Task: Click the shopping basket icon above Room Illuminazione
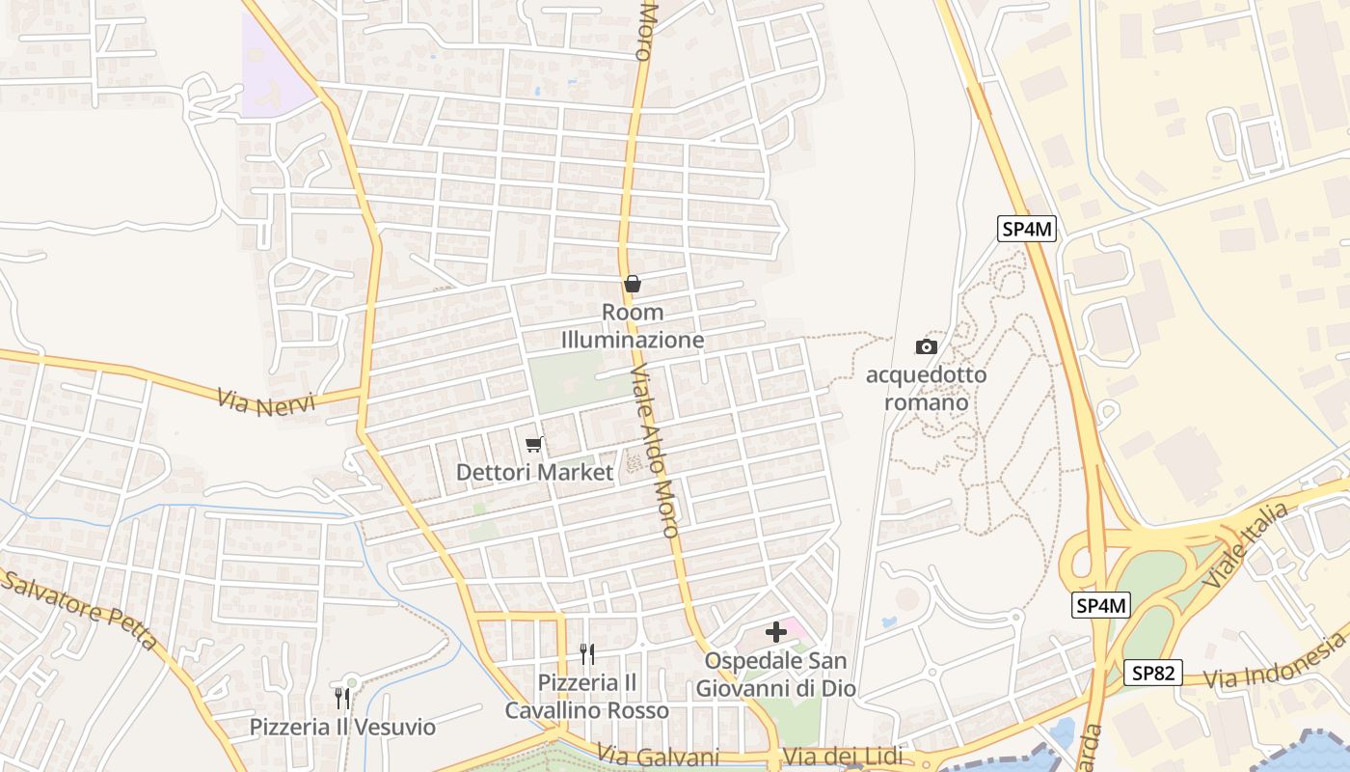633,284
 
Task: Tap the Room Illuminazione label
633,326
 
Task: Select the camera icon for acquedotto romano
926,346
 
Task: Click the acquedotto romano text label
926,388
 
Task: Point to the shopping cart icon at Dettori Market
534,444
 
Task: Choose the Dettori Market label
534,473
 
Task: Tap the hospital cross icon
775,633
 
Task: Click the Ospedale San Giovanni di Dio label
775,675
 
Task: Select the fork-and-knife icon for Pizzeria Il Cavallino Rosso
587,654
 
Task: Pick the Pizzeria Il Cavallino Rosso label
587,697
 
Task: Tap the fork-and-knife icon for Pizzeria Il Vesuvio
342,698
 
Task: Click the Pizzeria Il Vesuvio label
342,727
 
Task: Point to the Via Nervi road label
266,401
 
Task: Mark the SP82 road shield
1152,673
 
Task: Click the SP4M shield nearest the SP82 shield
1101,606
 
